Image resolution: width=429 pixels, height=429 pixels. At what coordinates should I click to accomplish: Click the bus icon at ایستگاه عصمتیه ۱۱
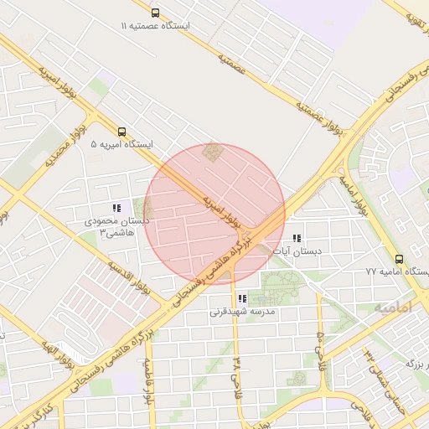(x=155, y=13)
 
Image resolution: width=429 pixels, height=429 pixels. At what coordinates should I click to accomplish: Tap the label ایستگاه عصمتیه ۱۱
(x=155, y=27)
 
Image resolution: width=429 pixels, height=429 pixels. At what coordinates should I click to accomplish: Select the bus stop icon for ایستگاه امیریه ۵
(x=122, y=132)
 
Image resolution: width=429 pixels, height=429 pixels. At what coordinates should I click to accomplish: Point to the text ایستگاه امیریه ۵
(x=122, y=145)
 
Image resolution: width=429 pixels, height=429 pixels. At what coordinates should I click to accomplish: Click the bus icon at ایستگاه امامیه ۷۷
(x=399, y=259)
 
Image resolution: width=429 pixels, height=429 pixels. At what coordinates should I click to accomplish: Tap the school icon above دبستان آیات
(x=297, y=238)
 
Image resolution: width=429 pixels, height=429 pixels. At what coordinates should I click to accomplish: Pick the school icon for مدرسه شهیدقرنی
(x=241, y=298)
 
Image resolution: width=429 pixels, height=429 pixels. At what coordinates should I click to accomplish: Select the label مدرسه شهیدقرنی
(x=241, y=312)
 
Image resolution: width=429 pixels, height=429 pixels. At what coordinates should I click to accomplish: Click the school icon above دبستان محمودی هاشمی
(x=116, y=208)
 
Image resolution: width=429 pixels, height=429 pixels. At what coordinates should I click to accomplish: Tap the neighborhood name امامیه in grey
(x=392, y=309)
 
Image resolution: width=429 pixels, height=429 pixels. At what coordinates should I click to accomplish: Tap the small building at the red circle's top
(x=214, y=153)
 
